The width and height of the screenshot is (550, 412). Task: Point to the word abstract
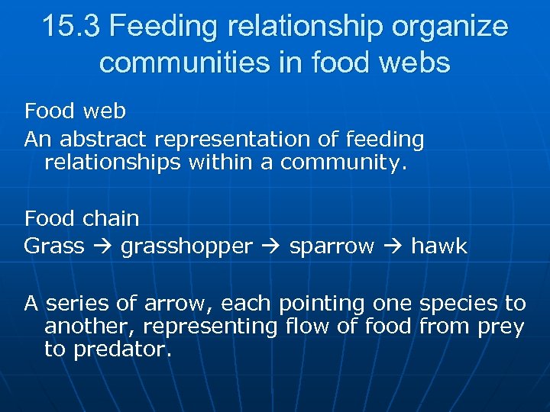point(104,140)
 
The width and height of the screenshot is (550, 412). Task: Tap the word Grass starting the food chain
point(53,246)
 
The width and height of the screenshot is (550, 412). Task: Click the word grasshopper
point(186,246)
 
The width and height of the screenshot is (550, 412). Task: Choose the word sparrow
point(332,246)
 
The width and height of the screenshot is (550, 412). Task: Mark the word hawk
point(439,246)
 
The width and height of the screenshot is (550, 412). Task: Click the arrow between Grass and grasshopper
point(102,246)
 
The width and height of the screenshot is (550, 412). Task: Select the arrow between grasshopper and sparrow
point(270,246)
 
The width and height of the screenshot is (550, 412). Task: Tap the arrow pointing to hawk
point(393,246)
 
